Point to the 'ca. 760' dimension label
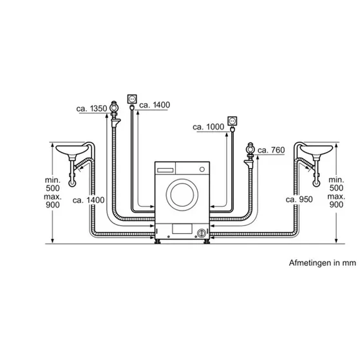[271, 151]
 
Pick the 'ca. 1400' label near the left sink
[88, 200]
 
